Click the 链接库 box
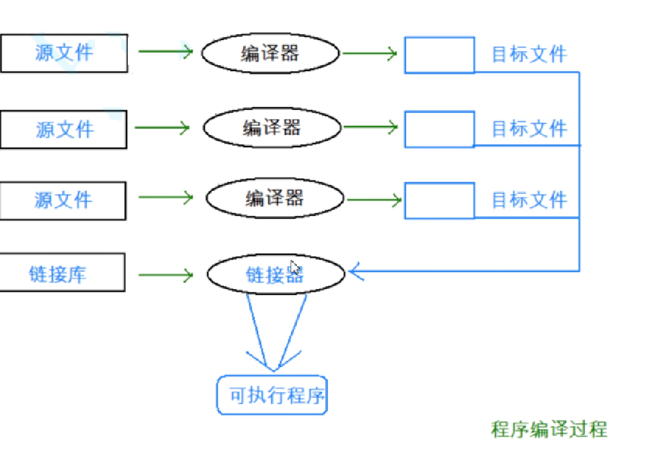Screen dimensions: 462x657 [62, 272]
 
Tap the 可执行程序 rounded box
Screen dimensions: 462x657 [272, 395]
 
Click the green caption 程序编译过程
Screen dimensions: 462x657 [549, 429]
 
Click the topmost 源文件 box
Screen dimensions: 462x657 [64, 54]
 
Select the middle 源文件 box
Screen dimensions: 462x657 [64, 130]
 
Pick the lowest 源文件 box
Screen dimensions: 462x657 [62, 200]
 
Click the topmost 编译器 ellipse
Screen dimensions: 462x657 [270, 54]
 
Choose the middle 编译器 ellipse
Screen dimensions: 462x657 [272, 128]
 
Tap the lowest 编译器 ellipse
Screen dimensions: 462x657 [274, 198]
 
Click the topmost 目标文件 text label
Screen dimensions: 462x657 [529, 54]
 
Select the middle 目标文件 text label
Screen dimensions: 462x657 [529, 129]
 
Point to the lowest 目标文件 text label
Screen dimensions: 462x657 [529, 200]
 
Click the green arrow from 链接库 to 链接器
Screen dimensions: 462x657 [166, 275]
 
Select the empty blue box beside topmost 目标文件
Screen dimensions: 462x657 [439, 55]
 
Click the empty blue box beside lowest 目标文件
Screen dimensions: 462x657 [439, 201]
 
